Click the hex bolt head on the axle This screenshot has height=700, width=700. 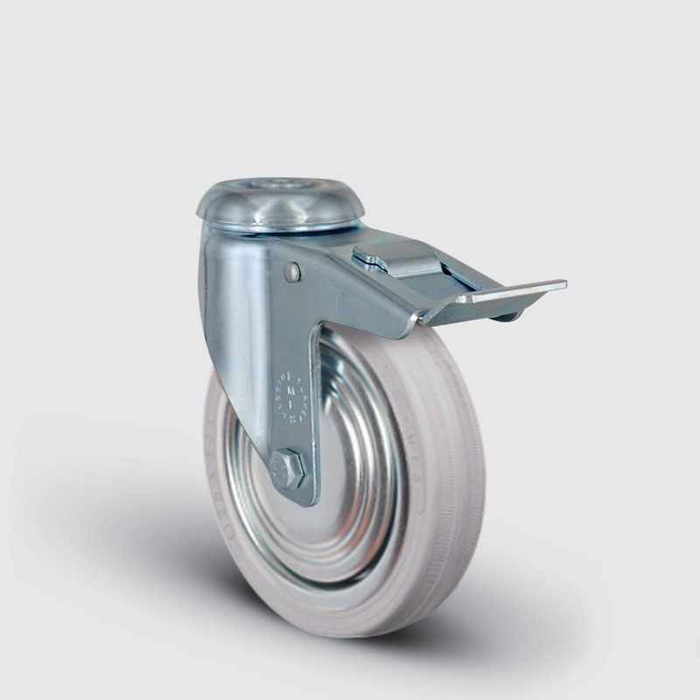(288, 469)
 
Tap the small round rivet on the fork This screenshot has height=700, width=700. (292, 273)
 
